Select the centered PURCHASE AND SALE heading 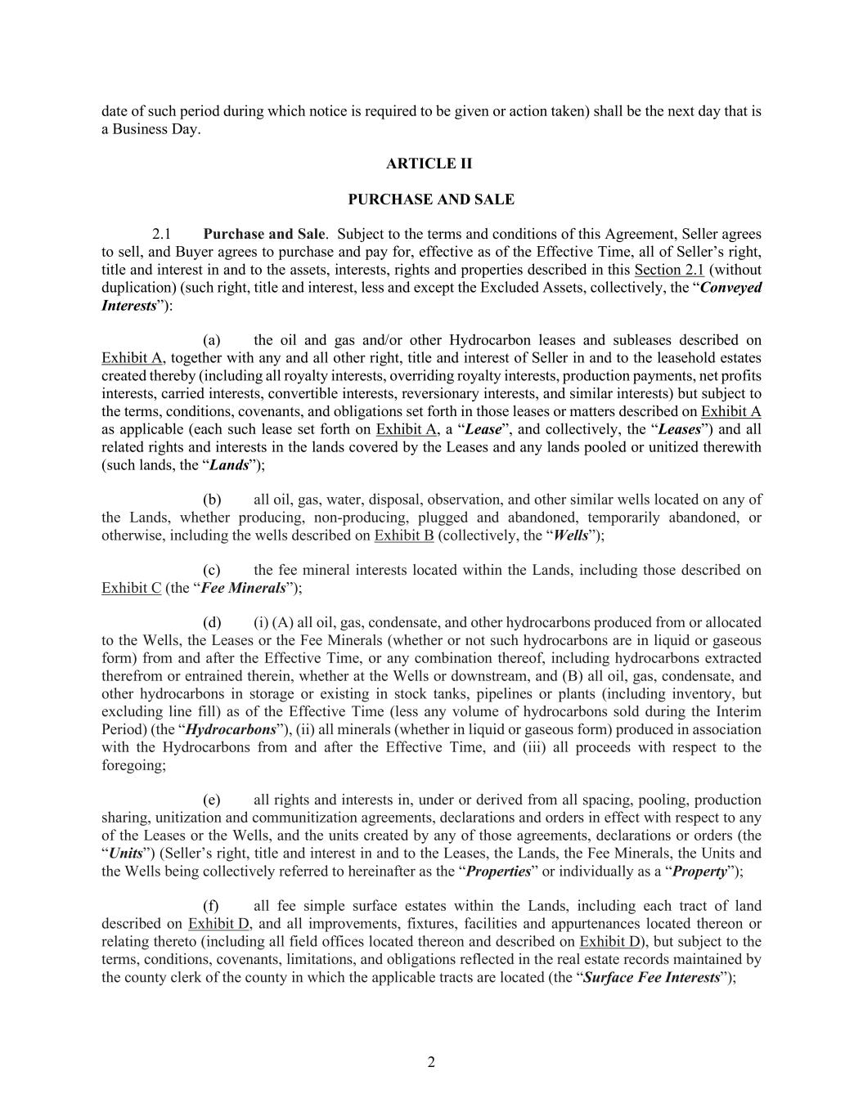point(431,199)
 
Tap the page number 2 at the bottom point(431,1062)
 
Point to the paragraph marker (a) point(212,340)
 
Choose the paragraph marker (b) point(212,500)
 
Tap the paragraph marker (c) point(212,570)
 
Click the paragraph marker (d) point(212,623)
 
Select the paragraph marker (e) point(212,800)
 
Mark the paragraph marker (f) point(212,906)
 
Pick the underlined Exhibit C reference point(131,588)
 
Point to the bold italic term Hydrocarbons point(231,729)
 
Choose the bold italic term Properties point(498,871)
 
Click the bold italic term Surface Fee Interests point(651,977)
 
